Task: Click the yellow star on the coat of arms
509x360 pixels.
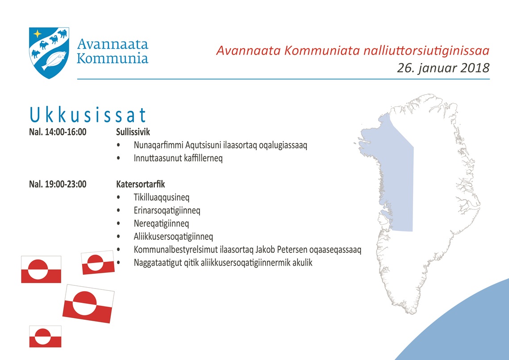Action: point(38,34)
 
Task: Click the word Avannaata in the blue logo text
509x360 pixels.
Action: point(113,44)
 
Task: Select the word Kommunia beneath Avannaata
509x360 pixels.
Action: point(113,58)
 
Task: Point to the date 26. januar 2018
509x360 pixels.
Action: point(443,68)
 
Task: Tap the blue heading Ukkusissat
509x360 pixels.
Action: point(88,115)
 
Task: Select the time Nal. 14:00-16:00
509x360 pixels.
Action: point(58,132)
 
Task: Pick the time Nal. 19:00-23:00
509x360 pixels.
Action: point(58,184)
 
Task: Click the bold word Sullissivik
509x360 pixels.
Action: point(133,132)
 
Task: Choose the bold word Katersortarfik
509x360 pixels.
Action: point(141,184)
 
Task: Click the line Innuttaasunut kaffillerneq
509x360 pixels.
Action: point(178,158)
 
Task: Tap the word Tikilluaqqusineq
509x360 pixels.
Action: point(161,197)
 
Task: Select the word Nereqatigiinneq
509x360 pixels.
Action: point(161,223)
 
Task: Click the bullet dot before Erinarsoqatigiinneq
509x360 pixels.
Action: point(118,210)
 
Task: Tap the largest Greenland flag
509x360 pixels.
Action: point(88,304)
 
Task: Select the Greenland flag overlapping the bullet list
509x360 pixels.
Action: point(98,263)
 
